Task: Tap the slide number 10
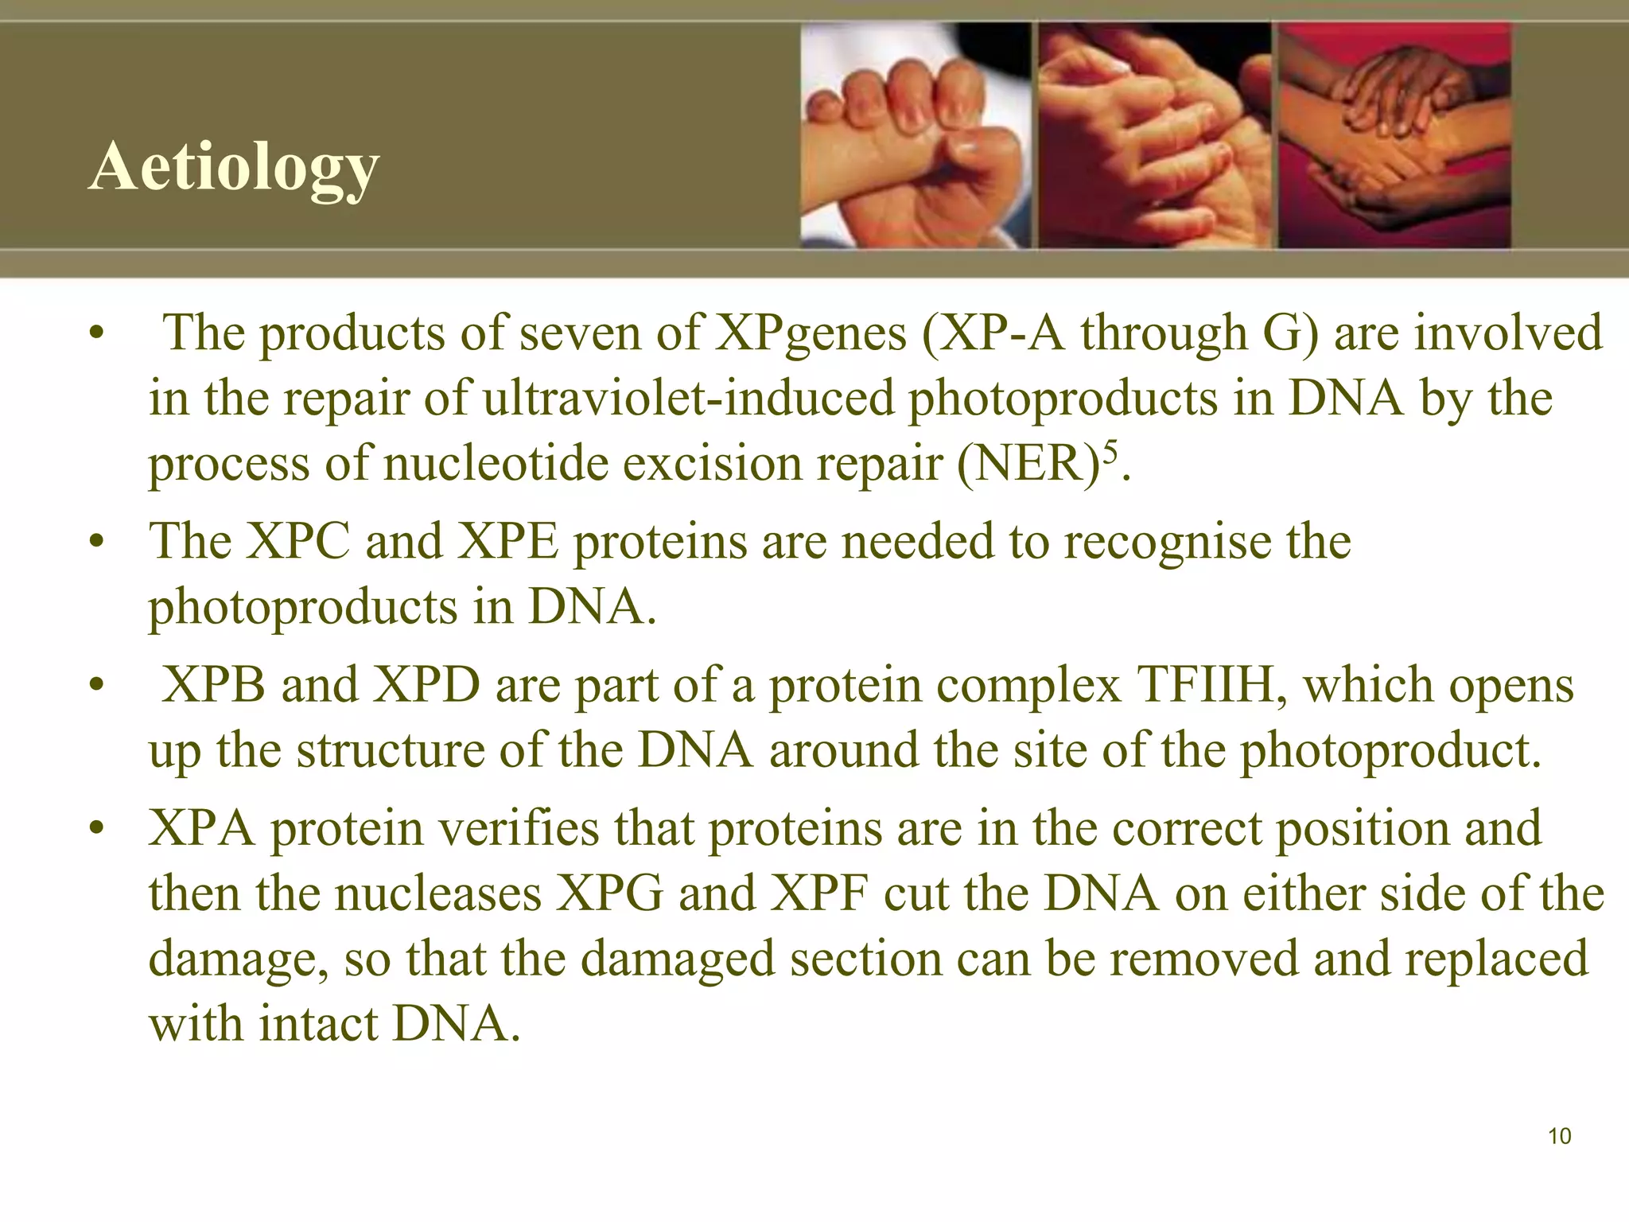point(1560,1136)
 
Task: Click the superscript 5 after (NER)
point(1110,451)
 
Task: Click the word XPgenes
point(811,333)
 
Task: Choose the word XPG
point(609,893)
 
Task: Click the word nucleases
point(437,893)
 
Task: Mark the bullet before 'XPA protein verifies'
point(97,831)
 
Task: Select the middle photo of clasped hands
point(1155,135)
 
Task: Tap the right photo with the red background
point(1394,135)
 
